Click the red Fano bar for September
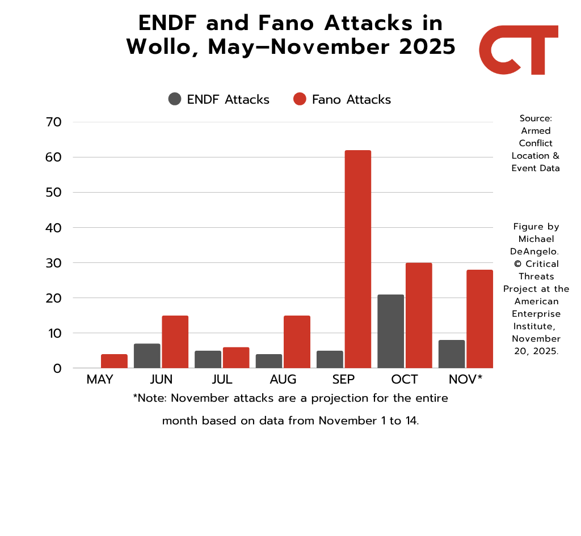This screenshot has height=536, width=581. pyautogui.click(x=357, y=259)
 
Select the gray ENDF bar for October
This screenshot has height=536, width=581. pyautogui.click(x=390, y=331)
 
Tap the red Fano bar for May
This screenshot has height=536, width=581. pyautogui.click(x=114, y=361)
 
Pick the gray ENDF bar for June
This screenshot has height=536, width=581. pyautogui.click(x=147, y=356)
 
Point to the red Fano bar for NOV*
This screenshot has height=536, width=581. pyautogui.click(x=479, y=318)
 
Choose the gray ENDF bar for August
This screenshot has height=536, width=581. pyautogui.click(x=268, y=361)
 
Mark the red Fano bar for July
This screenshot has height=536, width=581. pyautogui.click(x=236, y=358)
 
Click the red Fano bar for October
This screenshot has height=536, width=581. pyautogui.click(x=419, y=315)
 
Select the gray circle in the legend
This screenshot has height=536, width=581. pyautogui.click(x=175, y=99)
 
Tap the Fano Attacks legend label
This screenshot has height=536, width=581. pyautogui.click(x=351, y=100)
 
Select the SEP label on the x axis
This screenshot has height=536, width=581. pyautogui.click(x=343, y=380)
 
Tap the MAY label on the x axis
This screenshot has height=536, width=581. pyautogui.click(x=100, y=380)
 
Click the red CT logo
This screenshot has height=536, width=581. pyautogui.click(x=518, y=50)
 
